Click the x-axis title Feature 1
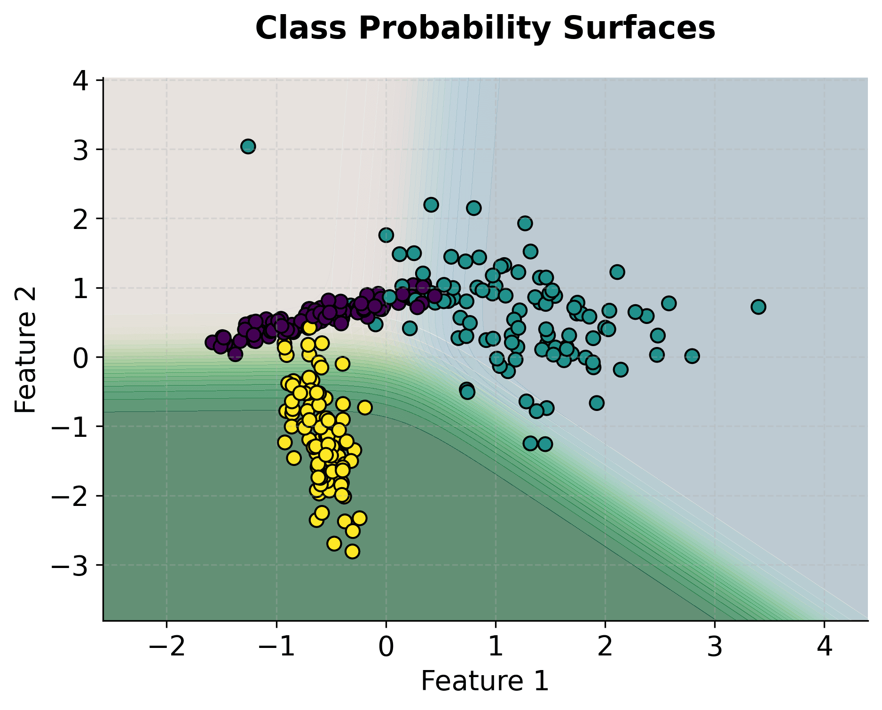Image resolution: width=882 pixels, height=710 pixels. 485,680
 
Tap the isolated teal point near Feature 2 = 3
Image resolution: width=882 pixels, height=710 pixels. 248,147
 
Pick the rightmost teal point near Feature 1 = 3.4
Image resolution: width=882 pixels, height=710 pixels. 758,307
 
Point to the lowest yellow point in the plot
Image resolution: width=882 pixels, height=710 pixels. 352,551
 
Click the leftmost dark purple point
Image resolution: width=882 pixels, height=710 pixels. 212,342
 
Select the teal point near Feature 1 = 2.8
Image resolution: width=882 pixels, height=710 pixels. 692,356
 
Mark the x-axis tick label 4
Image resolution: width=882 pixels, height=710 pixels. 824,647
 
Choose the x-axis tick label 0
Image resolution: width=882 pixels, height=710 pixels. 386,647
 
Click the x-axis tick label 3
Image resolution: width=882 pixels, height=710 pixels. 715,647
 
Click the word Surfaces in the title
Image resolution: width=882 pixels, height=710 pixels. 638,28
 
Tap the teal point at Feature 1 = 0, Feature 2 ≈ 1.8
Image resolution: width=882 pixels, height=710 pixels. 386,235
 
